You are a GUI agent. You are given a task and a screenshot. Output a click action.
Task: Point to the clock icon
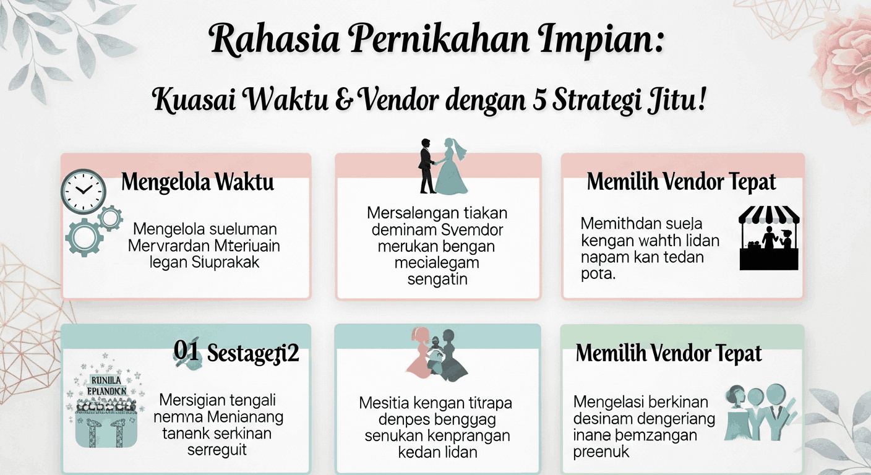tap(83, 192)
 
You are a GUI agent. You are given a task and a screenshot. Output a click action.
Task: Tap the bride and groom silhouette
tap(442, 166)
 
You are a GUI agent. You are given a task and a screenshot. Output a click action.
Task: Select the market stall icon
tap(769, 238)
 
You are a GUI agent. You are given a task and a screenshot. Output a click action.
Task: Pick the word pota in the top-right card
tap(598, 274)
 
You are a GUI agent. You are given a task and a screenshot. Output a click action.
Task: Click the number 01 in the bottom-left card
tap(187, 351)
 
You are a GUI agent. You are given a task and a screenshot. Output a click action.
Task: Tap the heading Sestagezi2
tap(253, 353)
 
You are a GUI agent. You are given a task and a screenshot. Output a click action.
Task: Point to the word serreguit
tap(217, 450)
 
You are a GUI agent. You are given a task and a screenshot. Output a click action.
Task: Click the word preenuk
tap(601, 452)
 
